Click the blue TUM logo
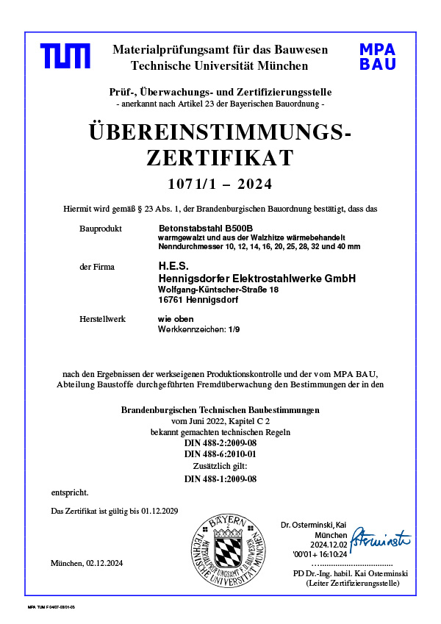(65, 57)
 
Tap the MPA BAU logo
(377, 57)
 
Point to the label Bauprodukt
(99, 229)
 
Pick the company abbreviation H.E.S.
(173, 266)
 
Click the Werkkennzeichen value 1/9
(234, 329)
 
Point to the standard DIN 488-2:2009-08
(220, 444)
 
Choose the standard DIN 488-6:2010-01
(220, 455)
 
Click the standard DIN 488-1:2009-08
(220, 479)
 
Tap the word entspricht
(70, 492)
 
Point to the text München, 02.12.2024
(87, 563)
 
